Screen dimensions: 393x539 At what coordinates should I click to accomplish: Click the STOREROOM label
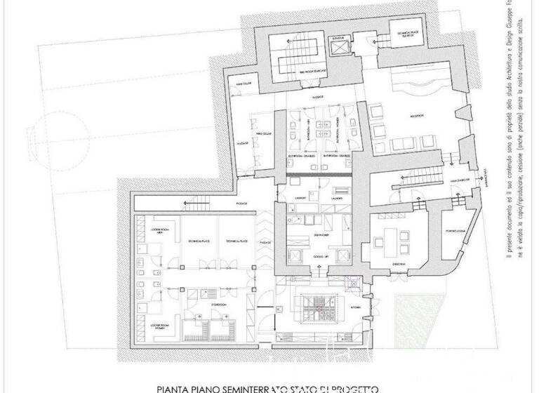tap(200, 305)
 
